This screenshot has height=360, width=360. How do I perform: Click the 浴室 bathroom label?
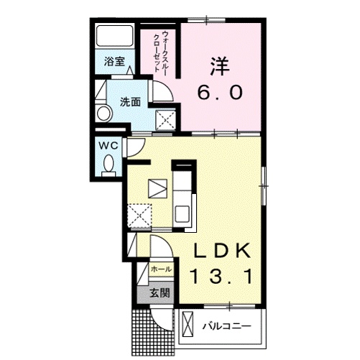pyautogui.click(x=114, y=62)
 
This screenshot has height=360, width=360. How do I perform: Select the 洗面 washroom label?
pyautogui.click(x=130, y=102)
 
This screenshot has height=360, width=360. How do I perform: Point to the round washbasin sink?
pyautogui.click(x=103, y=113)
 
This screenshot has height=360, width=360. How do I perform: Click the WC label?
pyautogui.click(x=109, y=146)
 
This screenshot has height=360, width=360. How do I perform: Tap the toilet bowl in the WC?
pyautogui.click(x=109, y=164)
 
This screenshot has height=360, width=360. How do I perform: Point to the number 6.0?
pyautogui.click(x=220, y=93)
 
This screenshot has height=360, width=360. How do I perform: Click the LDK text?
pyautogui.click(x=222, y=250)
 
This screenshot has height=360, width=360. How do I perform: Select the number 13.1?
pyautogui.click(x=221, y=277)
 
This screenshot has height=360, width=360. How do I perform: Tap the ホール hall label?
pyautogui.click(x=161, y=269)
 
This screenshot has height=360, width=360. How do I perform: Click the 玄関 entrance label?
pyautogui.click(x=160, y=292)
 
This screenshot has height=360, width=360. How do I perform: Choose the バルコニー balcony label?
pyautogui.click(x=226, y=326)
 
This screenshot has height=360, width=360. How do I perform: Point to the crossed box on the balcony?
pyautogui.click(x=188, y=324)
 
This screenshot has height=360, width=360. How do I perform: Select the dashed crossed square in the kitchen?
pyautogui.click(x=139, y=216)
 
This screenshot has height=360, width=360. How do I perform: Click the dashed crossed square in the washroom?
pyautogui.click(x=166, y=120)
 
